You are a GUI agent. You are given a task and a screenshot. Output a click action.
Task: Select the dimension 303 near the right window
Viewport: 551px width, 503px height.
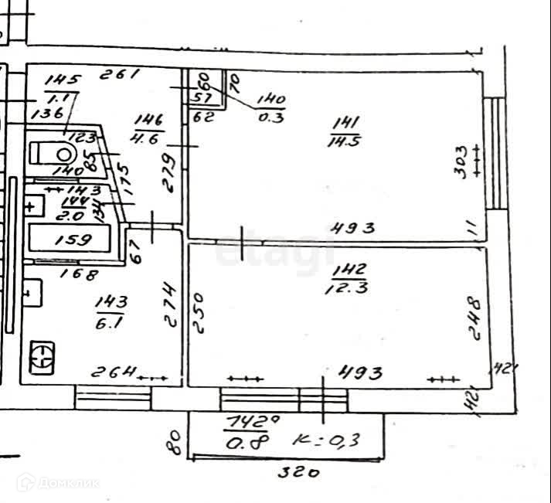pyautogui.click(x=461, y=161)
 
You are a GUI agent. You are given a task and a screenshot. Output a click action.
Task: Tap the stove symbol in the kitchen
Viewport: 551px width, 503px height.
pyautogui.click(x=41, y=357)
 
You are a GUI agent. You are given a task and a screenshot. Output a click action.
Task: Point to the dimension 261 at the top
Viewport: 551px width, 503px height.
pyautogui.click(x=121, y=75)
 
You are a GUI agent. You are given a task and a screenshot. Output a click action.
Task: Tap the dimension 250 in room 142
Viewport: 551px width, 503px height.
pyautogui.click(x=199, y=311)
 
